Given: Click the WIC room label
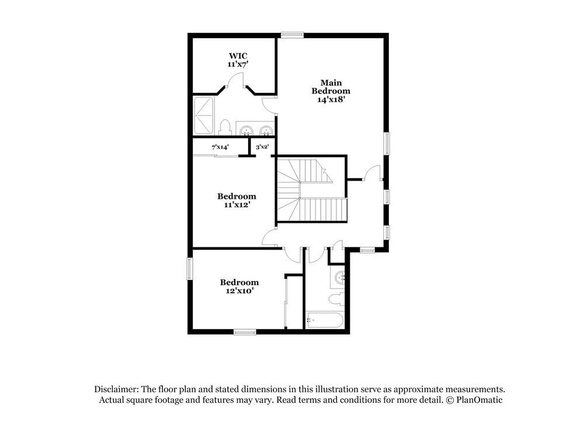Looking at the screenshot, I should (238, 56).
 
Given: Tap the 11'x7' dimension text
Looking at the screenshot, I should (238, 64).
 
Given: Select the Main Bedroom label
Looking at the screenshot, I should (331, 87).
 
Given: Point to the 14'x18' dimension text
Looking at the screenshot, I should (331, 100).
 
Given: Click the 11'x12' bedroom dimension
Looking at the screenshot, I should (237, 205).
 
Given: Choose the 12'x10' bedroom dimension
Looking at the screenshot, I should (239, 291).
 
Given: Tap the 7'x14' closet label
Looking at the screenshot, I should (220, 147).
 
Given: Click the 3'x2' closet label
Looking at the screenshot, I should (262, 147).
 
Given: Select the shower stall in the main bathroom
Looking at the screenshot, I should (204, 116).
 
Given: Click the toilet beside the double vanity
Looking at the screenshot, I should (224, 127).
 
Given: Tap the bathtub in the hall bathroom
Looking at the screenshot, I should (325, 320).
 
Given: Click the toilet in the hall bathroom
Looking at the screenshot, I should (336, 300).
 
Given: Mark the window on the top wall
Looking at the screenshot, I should (291, 35).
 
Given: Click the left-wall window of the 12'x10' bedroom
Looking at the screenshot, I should (189, 269).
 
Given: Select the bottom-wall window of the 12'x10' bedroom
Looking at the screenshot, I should (245, 332).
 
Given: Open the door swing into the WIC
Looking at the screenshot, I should (236, 82).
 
